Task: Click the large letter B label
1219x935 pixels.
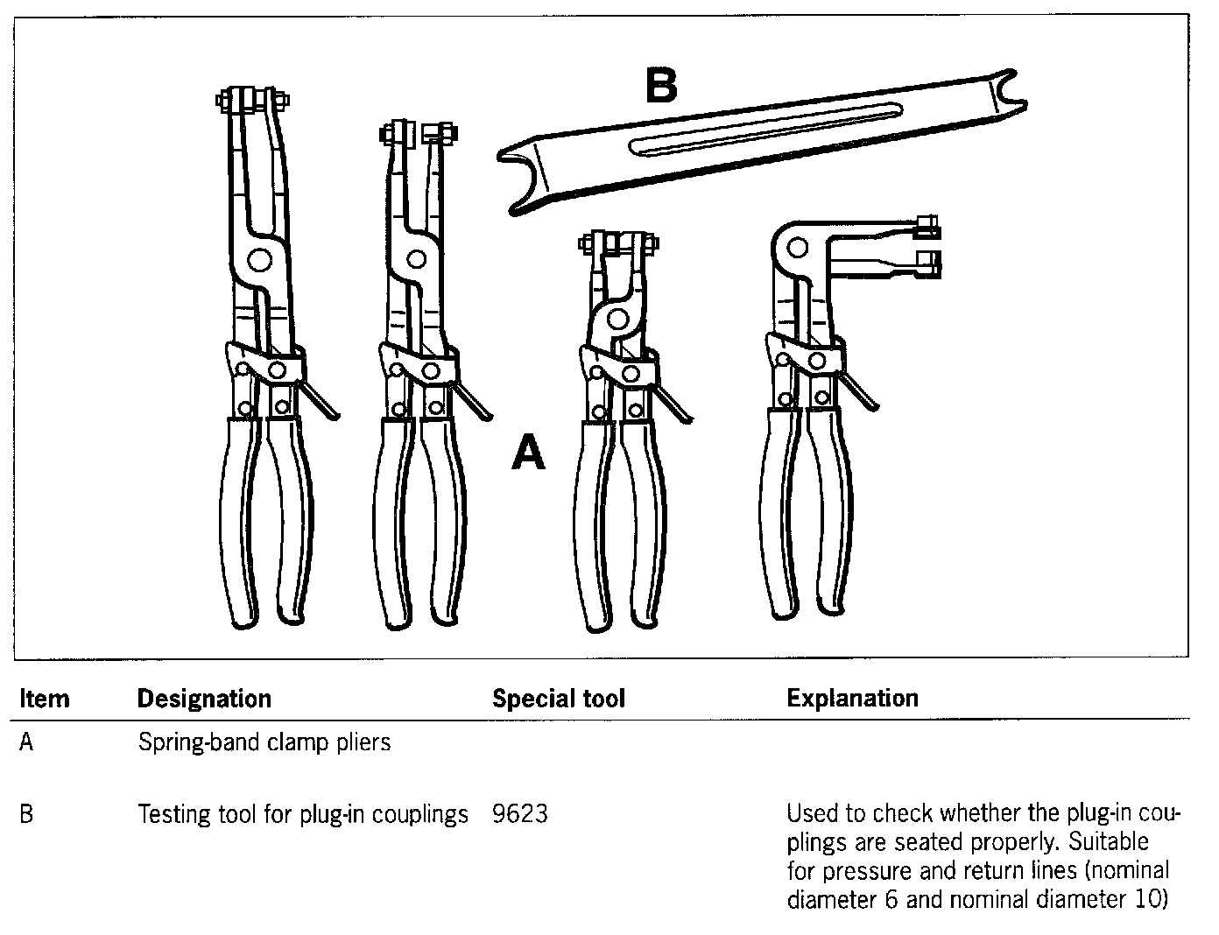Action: click(661, 86)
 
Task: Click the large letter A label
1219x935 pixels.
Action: click(528, 453)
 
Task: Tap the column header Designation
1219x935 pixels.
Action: click(204, 699)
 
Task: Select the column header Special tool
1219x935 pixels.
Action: click(558, 699)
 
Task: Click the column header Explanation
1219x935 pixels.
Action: click(852, 698)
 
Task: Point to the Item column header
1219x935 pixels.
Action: click(44, 699)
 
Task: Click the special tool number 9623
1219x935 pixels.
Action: click(519, 814)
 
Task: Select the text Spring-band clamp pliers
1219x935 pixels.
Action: click(264, 742)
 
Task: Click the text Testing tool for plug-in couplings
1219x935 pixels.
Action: click(303, 814)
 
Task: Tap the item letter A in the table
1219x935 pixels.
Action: click(26, 742)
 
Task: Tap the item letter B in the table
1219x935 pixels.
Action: click(26, 814)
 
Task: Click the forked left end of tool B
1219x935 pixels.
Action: click(521, 179)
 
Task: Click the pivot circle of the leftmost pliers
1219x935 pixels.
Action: click(258, 260)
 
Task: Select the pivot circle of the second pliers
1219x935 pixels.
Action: click(416, 259)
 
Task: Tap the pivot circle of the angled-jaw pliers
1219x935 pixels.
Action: click(797, 247)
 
